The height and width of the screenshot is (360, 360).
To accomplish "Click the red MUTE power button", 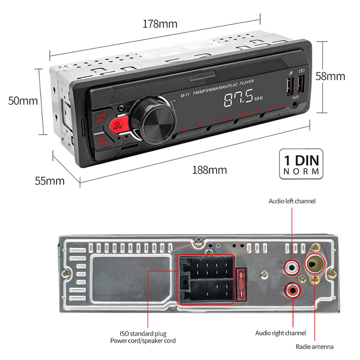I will click(117, 125).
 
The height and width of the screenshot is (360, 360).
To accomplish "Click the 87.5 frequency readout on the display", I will click(238, 99).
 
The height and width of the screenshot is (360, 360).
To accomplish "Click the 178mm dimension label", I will click(160, 24).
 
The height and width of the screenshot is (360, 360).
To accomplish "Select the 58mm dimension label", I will click(342, 76).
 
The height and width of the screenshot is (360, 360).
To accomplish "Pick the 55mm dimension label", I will click(49, 181).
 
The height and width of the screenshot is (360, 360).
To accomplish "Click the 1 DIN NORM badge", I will click(301, 165).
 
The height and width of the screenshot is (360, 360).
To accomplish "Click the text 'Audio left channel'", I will click(292, 201).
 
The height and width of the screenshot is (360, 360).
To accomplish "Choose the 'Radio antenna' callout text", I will click(315, 346).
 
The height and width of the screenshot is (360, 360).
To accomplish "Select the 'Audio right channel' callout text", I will click(280, 333).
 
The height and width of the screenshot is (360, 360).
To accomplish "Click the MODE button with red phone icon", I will click(101, 118).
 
